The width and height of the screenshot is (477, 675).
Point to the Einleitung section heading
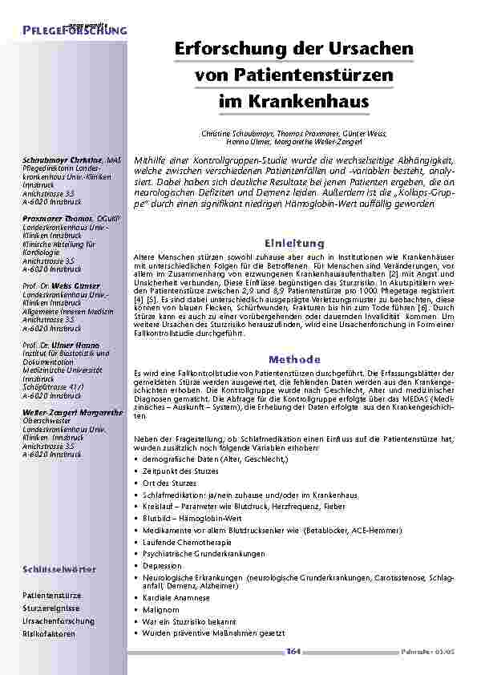294,243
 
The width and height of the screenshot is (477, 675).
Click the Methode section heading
294,359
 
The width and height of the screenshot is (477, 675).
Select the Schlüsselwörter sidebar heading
59,569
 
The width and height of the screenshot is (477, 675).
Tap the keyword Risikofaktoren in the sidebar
49,634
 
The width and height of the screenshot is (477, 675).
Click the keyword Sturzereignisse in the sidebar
52,608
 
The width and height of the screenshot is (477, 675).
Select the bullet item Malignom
157,609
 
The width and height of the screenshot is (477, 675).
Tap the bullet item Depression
162,565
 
